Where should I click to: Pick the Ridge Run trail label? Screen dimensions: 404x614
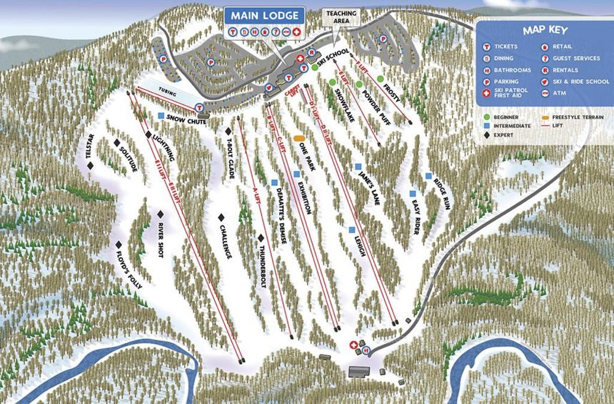tap(442, 193)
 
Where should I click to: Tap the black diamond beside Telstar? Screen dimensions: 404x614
tap(91, 166)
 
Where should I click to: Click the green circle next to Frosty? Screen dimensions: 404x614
tap(381, 79)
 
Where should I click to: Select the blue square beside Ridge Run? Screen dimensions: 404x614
tap(428, 176)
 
